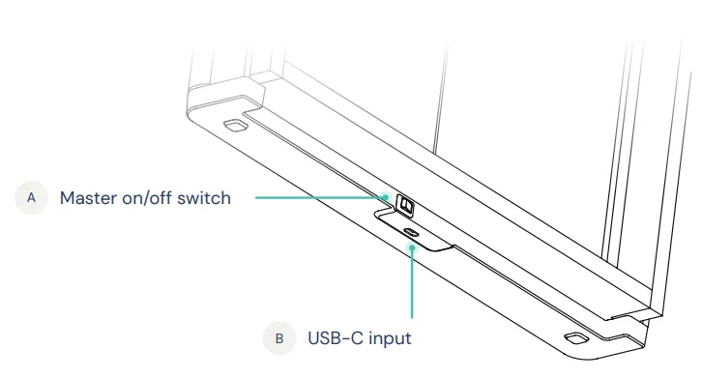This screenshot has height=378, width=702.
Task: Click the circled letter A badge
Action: click(31, 197)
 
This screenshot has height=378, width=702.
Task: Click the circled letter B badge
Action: click(279, 338)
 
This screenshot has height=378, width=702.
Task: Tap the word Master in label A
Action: click(88, 198)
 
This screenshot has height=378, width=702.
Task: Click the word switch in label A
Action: click(204, 198)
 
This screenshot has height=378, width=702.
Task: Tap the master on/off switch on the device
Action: click(405, 206)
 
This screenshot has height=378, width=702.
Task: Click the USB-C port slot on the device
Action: click(411, 232)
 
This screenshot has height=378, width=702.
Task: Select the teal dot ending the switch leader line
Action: click(385, 197)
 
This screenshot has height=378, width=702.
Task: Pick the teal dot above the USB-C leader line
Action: click(412, 247)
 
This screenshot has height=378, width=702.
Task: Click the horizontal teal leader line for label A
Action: click(320, 197)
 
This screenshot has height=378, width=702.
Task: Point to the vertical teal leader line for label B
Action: click(412, 282)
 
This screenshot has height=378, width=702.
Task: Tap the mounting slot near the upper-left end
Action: click(236, 126)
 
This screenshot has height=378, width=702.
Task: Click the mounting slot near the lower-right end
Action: click(576, 338)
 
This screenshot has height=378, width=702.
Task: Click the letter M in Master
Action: click(67, 198)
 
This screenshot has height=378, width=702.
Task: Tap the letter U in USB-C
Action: click(314, 338)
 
